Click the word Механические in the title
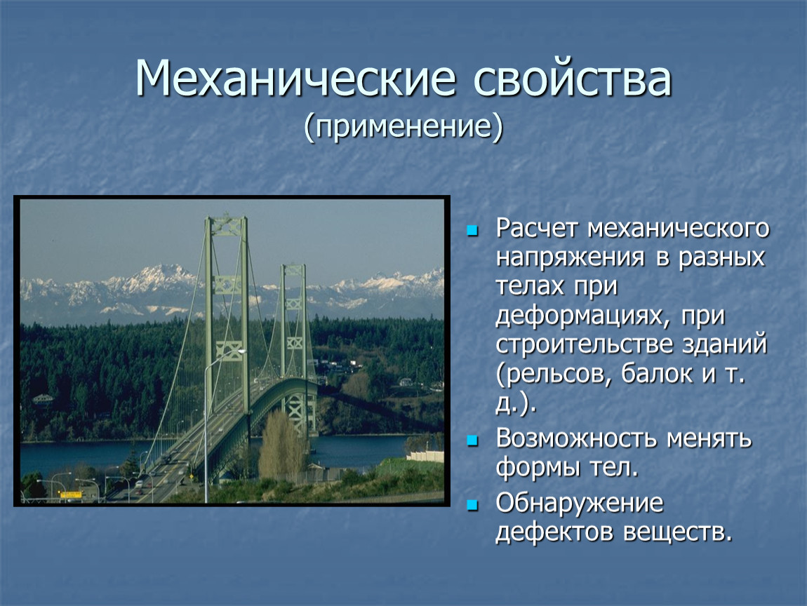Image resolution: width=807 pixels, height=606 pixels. click(295, 78)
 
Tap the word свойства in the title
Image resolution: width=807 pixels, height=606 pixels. click(573, 78)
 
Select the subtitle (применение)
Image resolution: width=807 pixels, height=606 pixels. click(403, 126)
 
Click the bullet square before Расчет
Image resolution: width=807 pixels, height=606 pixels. click(472, 230)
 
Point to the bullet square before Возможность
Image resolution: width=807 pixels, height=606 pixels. click(472, 440)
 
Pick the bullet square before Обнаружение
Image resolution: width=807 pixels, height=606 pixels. click(472, 505)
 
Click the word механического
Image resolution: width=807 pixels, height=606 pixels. click(679, 229)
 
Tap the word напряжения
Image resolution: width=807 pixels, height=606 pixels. click(571, 257)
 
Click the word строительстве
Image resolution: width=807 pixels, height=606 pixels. click(584, 344)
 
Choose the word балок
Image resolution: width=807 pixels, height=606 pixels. click(657, 373)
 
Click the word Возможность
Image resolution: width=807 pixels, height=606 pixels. click(576, 439)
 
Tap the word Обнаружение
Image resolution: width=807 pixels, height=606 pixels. click(580, 504)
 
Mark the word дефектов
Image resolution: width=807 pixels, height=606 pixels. click(554, 532)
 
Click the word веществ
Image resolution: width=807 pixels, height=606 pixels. click(677, 533)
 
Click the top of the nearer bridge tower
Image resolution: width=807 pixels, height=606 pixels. click(226, 218)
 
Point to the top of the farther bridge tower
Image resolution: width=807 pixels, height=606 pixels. click(293, 267)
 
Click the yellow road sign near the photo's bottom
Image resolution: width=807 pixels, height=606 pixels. click(70, 495)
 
